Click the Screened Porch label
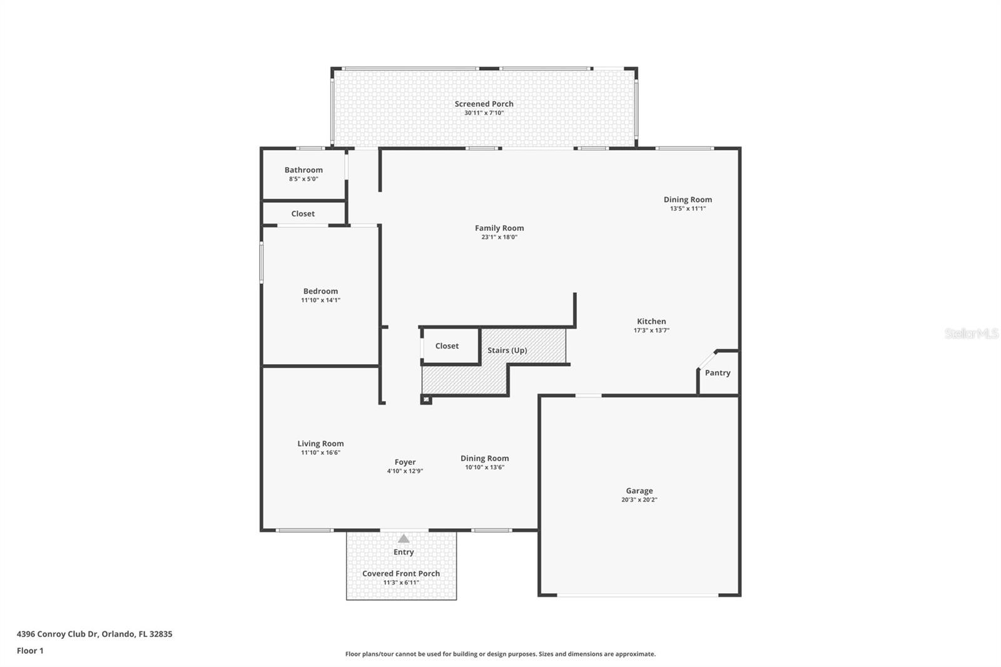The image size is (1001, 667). point(484,104)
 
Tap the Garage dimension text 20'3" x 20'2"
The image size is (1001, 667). point(639,500)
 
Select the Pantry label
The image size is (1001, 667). point(717,373)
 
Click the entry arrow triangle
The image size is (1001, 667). point(404,539)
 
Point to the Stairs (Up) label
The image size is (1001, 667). point(507,350)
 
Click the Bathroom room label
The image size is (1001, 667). point(303,170)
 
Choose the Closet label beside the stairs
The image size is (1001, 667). point(447,346)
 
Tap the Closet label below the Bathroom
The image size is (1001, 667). point(303,214)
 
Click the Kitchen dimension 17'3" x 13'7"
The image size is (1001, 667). point(651,330)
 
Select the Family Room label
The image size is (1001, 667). point(499,228)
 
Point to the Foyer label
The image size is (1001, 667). point(405,462)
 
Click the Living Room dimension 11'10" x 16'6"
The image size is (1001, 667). point(320,452)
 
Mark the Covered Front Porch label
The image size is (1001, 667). point(401,574)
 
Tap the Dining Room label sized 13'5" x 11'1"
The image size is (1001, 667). point(688,200)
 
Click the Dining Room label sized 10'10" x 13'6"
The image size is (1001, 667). point(484,459)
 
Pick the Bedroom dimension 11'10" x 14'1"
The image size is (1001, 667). point(320,300)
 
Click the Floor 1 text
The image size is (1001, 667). point(30,651)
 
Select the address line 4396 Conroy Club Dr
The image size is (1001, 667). point(94,634)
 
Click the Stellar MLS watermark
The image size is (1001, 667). point(971,333)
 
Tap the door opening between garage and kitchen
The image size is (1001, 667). point(588,395)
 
